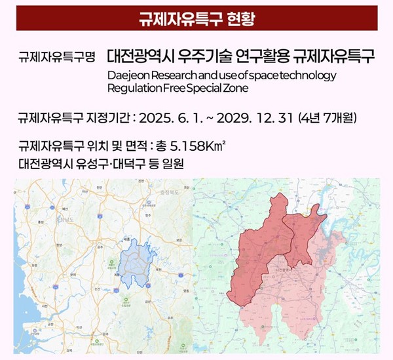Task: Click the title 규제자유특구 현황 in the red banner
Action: pos(196,18)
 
